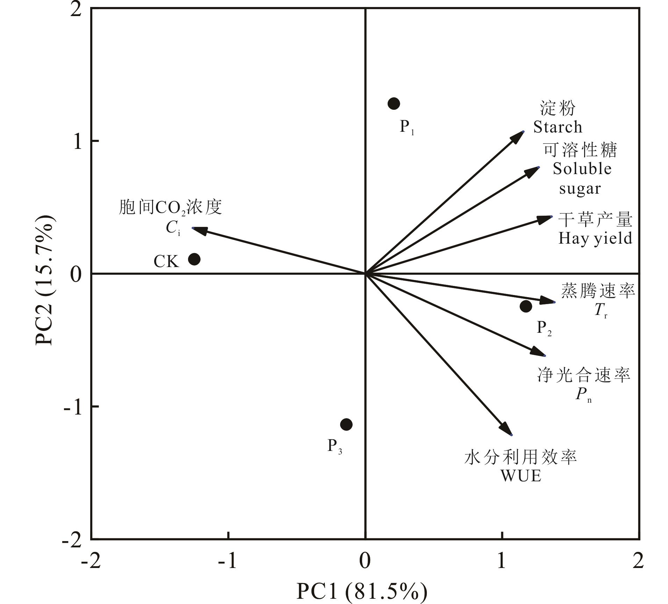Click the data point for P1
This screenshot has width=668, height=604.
pos(394,103)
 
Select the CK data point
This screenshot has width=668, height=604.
pos(194,259)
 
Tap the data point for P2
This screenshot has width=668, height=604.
pos(526,306)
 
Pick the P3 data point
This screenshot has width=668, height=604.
pos(346,424)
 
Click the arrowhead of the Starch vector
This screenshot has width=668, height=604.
pos(518,137)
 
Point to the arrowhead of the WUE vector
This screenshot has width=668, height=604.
pos(507,430)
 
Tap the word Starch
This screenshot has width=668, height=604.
pos(558,127)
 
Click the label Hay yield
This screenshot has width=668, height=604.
pos(595,238)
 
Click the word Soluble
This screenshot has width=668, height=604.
pos(582,169)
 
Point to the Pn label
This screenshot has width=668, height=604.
pos(583,394)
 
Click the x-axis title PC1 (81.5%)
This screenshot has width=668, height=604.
pos(362,591)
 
